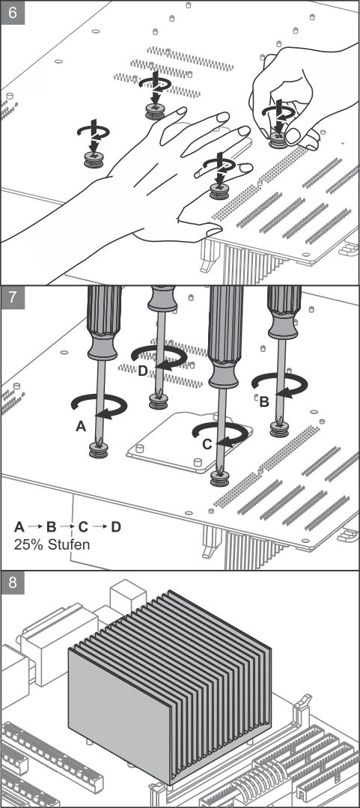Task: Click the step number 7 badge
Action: pyautogui.click(x=13, y=297)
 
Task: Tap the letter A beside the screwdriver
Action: pyautogui.click(x=80, y=425)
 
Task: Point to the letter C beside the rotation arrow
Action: pyautogui.click(x=207, y=444)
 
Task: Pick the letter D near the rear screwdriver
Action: pyautogui.click(x=143, y=370)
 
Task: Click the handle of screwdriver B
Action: pyautogui.click(x=283, y=312)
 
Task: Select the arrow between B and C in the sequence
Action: pyautogui.click(x=67, y=526)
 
